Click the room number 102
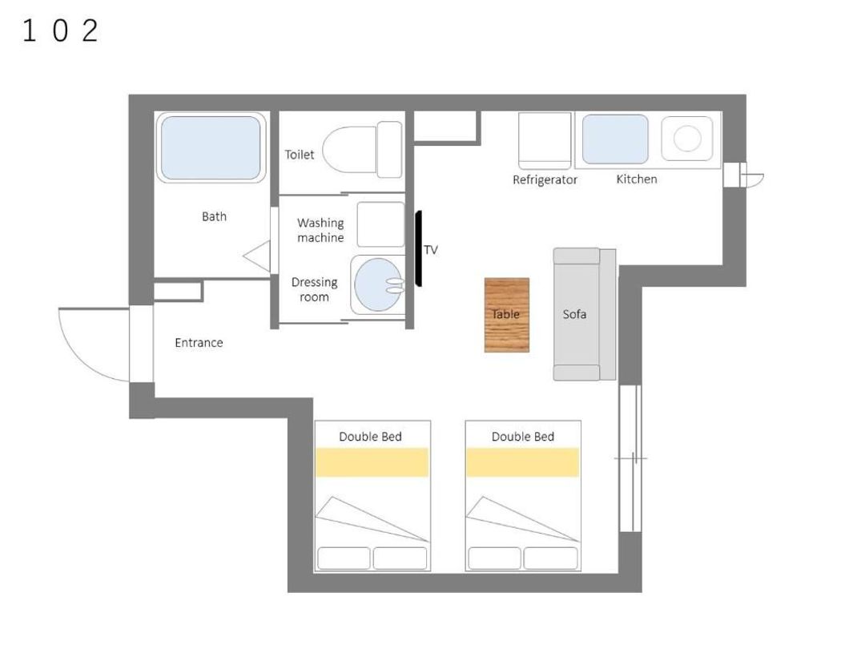(60, 30)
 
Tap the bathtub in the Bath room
(211, 147)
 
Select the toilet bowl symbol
(362, 150)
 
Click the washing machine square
(380, 224)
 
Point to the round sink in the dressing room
(378, 284)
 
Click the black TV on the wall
(419, 248)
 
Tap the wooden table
(507, 315)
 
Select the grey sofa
(584, 314)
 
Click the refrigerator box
(545, 140)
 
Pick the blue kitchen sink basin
(615, 139)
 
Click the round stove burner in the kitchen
(687, 138)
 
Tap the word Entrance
(199, 343)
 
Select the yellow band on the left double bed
(372, 462)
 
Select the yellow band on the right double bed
(523, 462)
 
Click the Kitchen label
(637, 179)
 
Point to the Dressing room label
(315, 289)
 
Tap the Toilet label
(299, 155)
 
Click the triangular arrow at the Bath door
(257, 256)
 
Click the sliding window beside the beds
(630, 458)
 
